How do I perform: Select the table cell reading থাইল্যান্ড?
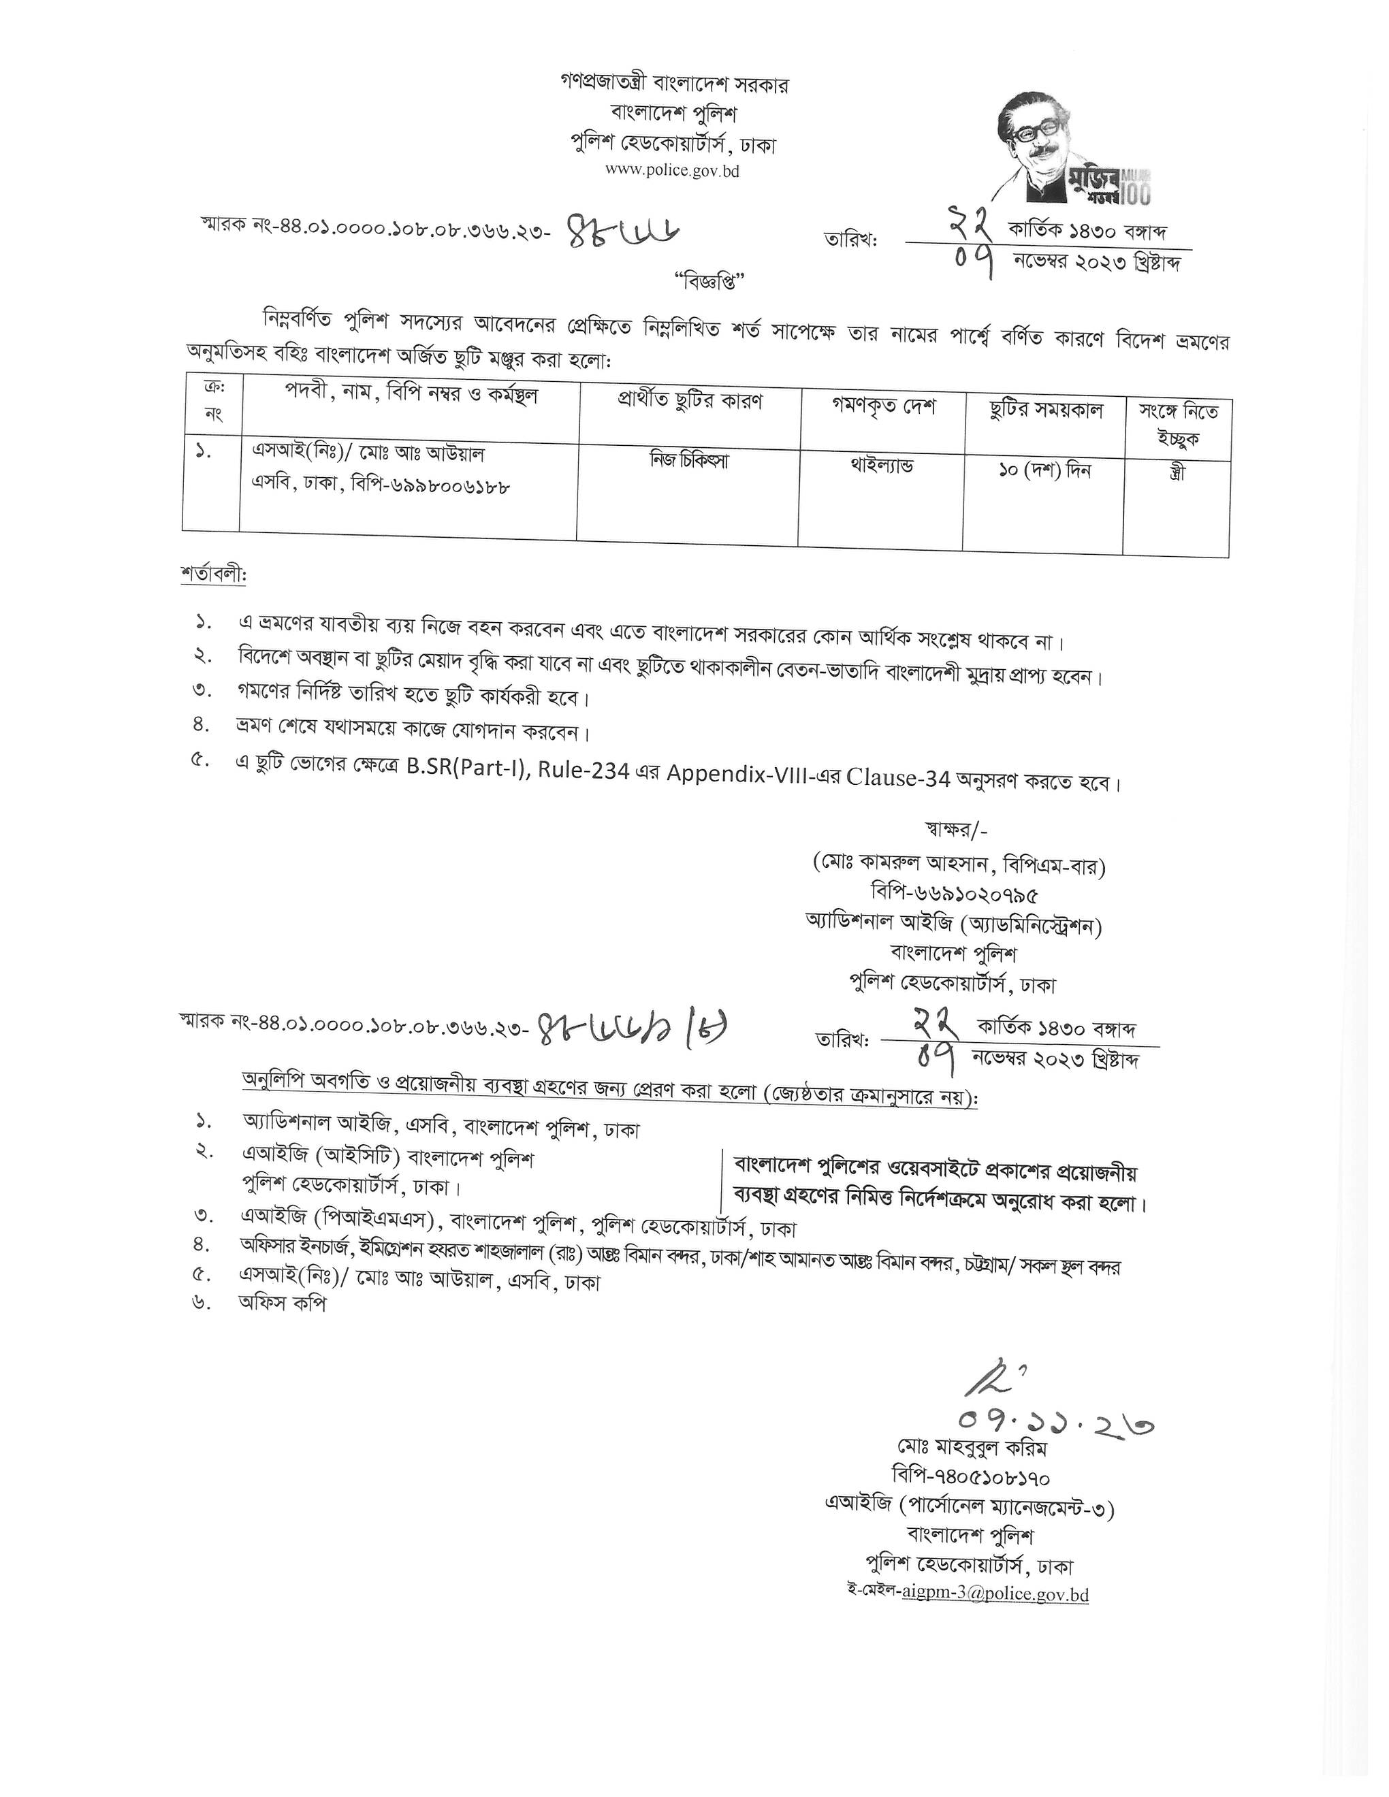click(x=881, y=466)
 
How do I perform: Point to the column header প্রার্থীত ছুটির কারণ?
click(x=690, y=402)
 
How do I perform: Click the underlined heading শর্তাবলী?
click(x=213, y=574)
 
